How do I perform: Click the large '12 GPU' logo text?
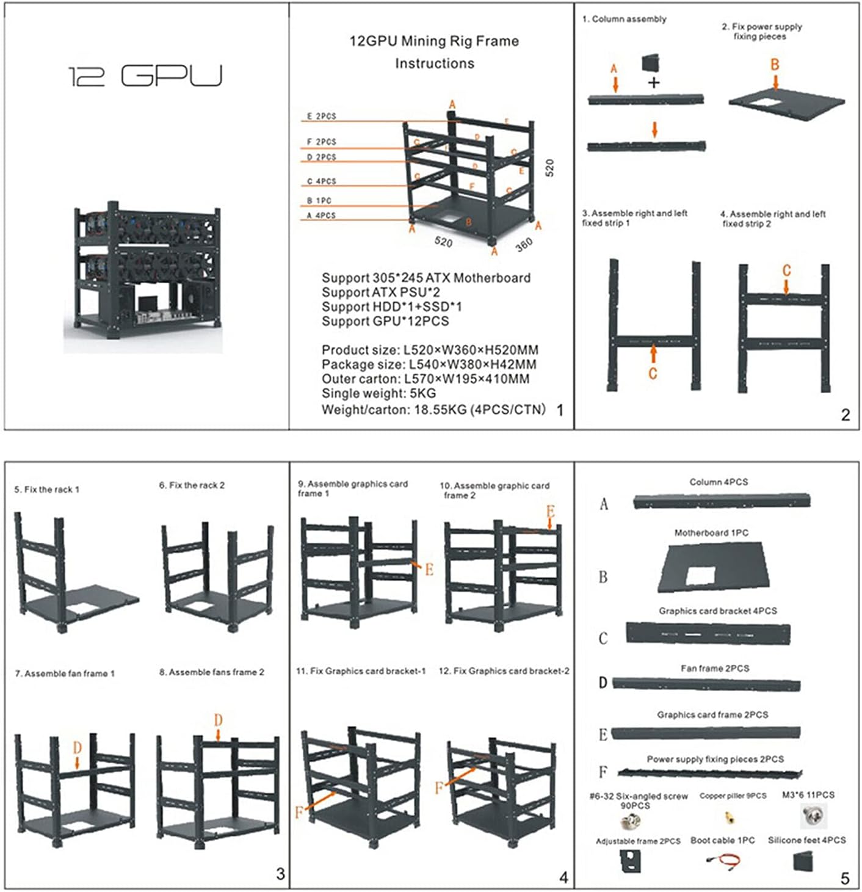(145, 76)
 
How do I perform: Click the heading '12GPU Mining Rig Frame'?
(434, 42)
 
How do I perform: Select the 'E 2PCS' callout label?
(321, 116)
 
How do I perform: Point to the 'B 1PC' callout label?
(319, 200)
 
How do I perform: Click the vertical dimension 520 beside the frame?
(549, 168)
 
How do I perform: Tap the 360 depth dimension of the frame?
(524, 245)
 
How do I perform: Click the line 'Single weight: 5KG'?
(378, 394)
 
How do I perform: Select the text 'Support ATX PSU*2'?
(380, 292)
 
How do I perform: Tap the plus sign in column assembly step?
(654, 82)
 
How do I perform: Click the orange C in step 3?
(653, 373)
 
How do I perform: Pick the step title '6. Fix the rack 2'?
(192, 485)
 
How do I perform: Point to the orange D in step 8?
(218, 720)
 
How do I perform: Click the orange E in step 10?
(550, 512)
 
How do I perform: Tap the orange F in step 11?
(299, 813)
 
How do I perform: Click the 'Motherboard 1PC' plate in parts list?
(712, 568)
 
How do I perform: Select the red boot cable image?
(723, 861)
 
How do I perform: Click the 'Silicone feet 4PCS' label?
(806, 841)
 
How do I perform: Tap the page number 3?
(280, 874)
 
